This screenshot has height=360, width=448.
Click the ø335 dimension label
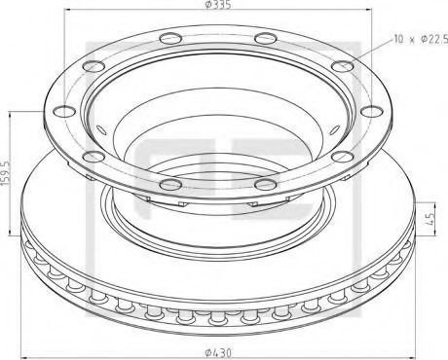click(218, 5)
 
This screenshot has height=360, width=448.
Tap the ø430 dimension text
click(218, 352)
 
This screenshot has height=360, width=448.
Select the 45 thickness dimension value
click(431, 220)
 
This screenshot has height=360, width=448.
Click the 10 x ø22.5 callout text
click(421, 40)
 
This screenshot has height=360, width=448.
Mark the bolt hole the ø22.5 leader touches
click(342, 66)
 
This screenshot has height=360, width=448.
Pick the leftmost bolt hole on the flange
click(64, 111)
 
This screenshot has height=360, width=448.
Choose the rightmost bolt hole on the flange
click(372, 111)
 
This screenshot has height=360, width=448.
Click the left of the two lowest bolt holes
click(170, 184)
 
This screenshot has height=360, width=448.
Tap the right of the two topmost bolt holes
click(265, 38)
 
